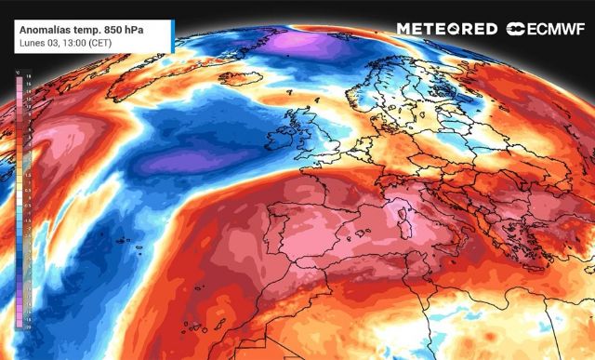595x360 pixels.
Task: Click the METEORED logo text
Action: [446, 29]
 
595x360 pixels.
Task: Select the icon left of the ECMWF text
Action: [515, 29]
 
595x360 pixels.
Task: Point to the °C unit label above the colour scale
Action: [18, 72]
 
